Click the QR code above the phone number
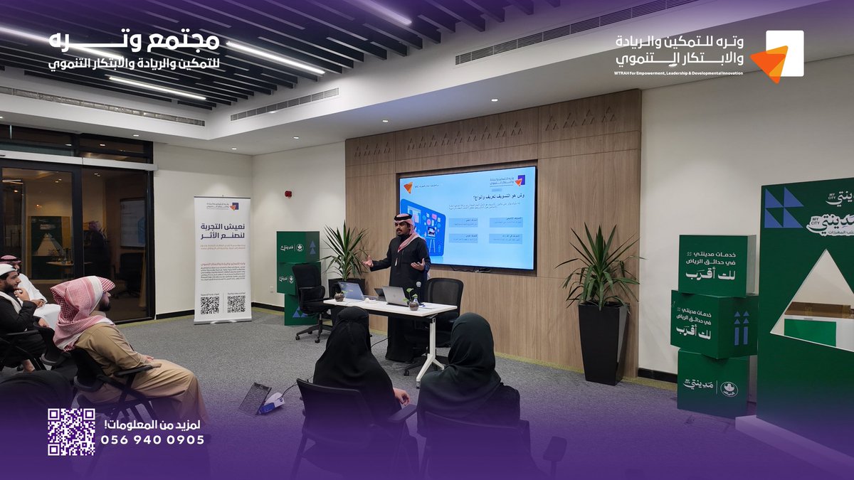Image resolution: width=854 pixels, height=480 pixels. (71, 432)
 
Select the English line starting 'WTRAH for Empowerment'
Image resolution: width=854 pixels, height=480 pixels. (678, 73)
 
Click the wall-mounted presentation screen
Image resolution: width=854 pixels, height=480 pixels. (467, 218)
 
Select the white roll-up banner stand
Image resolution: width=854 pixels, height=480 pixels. (222, 260)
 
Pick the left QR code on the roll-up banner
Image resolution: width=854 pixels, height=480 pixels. (209, 305)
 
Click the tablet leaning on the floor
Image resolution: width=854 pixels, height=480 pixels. (253, 399)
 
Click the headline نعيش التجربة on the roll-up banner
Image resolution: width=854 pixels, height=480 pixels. (222, 228)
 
